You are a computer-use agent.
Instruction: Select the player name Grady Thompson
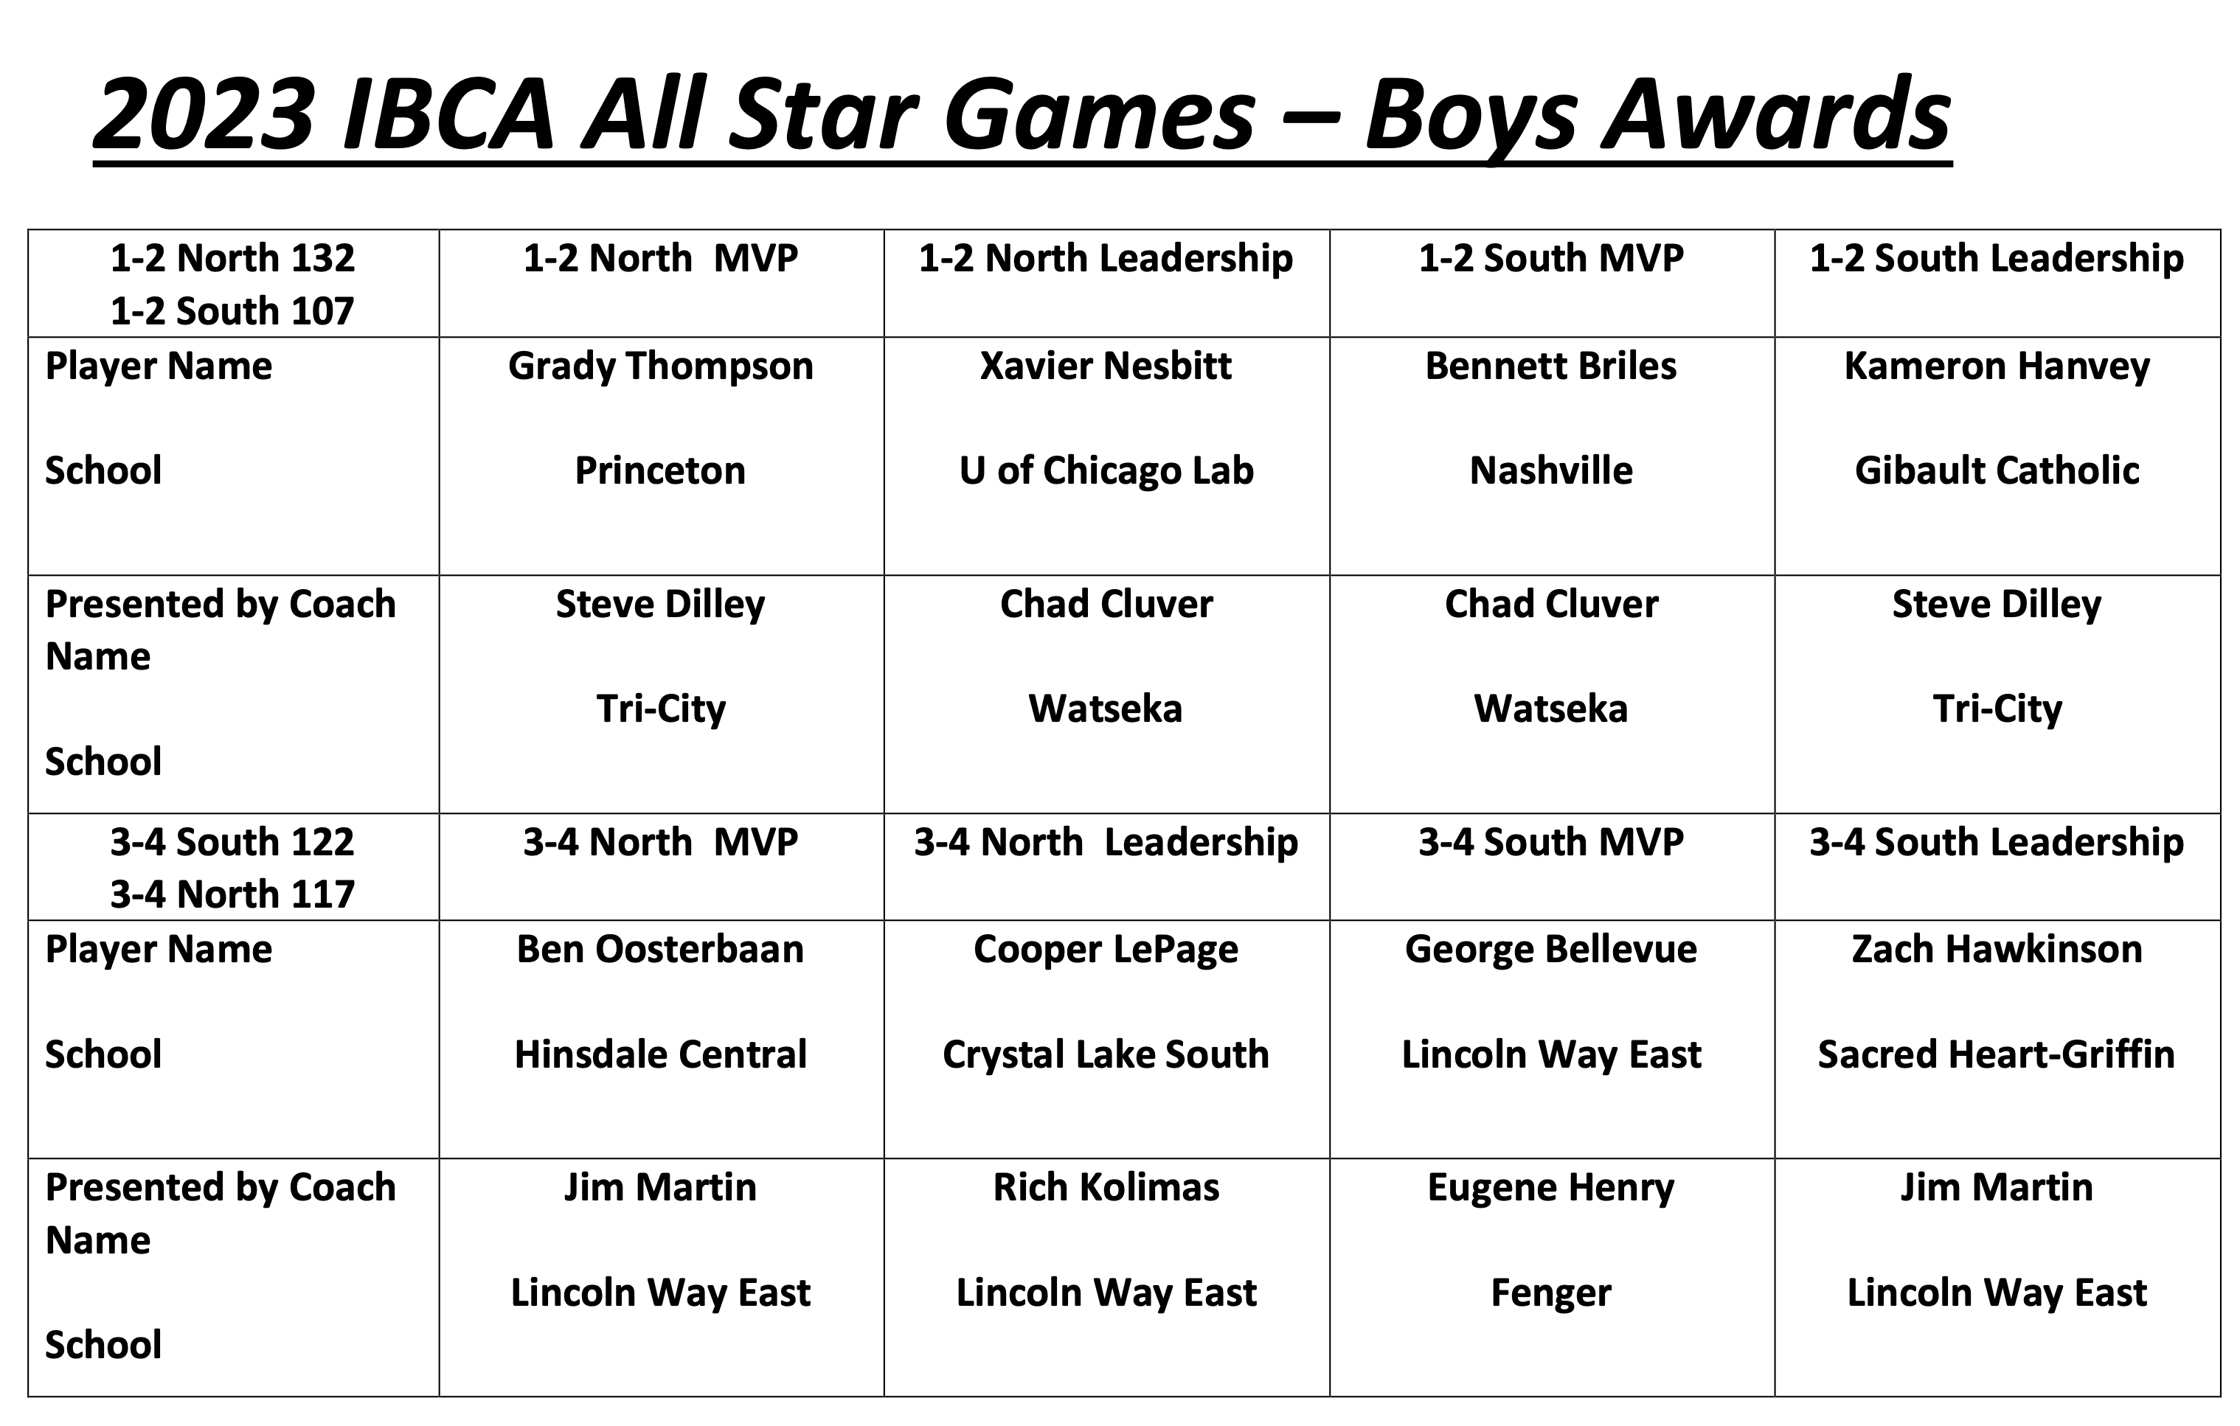pyautogui.click(x=660, y=366)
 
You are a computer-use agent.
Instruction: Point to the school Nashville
pyautogui.click(x=1550, y=470)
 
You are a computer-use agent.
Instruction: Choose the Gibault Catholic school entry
pyautogui.click(x=1997, y=470)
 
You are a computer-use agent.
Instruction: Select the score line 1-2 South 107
pyautogui.click(x=232, y=310)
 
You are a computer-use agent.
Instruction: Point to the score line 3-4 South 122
pyautogui.click(x=232, y=842)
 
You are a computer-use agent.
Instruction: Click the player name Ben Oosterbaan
pyautogui.click(x=660, y=950)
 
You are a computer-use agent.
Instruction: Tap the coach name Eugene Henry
pyautogui.click(x=1550, y=1188)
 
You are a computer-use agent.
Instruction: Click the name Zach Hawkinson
pyautogui.click(x=1997, y=950)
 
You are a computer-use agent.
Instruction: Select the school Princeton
pyautogui.click(x=660, y=470)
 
